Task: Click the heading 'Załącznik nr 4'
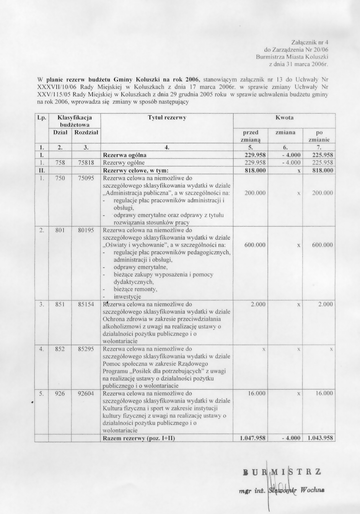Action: [x=310, y=42]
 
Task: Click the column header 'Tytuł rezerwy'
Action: [x=167, y=118]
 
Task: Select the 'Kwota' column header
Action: [x=284, y=118]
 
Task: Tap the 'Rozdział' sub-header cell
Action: [x=86, y=132]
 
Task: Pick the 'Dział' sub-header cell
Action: [x=60, y=132]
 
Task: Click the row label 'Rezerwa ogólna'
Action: [x=125, y=155]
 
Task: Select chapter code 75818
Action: [x=86, y=163]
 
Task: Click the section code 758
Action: [x=60, y=163]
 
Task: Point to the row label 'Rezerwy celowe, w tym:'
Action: [x=136, y=170]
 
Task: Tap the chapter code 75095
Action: [x=86, y=178]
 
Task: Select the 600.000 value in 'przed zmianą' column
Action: [x=255, y=245]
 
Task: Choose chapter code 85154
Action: [x=86, y=304]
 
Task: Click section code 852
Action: [x=60, y=349]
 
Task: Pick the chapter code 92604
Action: [x=86, y=393]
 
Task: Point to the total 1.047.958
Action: [x=252, y=438]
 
